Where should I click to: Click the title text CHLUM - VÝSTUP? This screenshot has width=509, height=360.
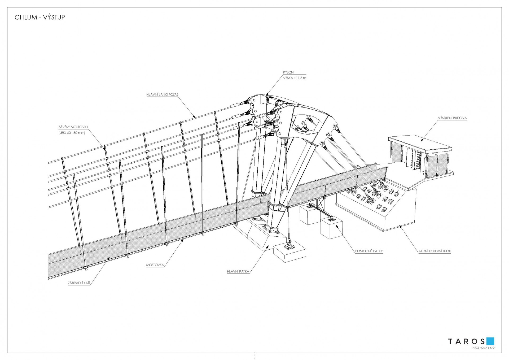(40, 18)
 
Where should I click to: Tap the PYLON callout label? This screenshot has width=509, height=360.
(288, 72)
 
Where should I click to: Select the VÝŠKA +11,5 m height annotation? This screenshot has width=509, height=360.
(295, 78)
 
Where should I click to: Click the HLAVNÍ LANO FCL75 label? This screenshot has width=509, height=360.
(160, 94)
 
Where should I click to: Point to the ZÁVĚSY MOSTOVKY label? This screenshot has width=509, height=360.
(73, 127)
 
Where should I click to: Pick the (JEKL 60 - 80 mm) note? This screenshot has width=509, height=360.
(72, 133)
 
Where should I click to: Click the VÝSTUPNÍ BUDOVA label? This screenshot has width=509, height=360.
(452, 118)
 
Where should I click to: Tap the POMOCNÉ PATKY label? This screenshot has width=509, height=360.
(369, 251)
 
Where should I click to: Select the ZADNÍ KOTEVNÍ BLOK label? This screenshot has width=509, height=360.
(435, 251)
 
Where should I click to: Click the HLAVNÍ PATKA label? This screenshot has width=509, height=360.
(238, 271)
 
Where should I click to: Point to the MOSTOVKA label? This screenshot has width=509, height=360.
(155, 265)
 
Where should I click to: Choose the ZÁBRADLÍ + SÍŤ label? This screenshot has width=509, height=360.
(79, 283)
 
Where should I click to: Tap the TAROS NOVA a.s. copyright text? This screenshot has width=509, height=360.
(483, 348)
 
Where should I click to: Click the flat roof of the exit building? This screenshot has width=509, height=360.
(420, 144)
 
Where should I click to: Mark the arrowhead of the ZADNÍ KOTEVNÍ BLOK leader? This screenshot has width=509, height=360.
(400, 225)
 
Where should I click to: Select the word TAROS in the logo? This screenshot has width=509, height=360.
(466, 341)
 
